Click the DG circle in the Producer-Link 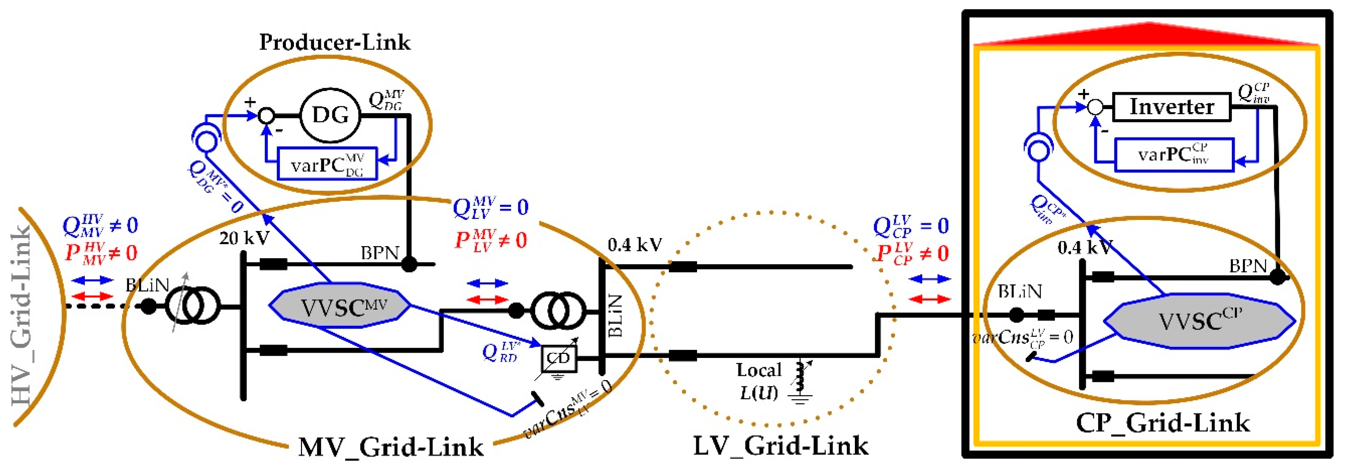tap(330, 115)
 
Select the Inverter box tap(1171, 107)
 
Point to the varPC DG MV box tap(327, 164)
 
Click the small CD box tap(558, 359)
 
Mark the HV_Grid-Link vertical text tap(22, 316)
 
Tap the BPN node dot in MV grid tap(409, 264)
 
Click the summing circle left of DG tap(267, 115)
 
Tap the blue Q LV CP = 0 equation tap(910, 226)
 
